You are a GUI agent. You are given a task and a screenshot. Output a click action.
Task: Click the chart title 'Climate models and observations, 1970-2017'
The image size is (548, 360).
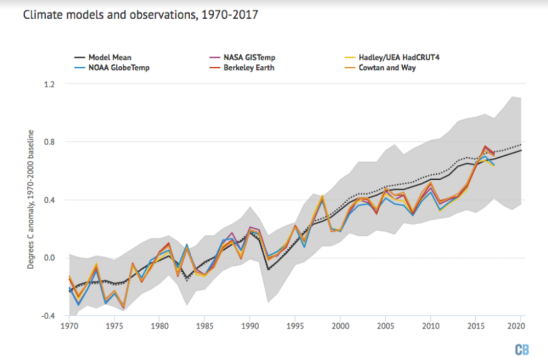[x=140, y=15]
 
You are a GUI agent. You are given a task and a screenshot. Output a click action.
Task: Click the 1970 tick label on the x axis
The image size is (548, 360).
[x=69, y=325]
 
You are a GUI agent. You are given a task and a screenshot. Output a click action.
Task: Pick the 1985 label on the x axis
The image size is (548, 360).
[x=204, y=325]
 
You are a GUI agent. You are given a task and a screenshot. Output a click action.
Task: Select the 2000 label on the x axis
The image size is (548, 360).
[x=340, y=325]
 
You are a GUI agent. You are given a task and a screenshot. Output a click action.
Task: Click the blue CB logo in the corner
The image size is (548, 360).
[x=521, y=349]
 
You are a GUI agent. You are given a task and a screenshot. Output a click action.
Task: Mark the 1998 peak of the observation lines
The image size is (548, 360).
[x=322, y=196]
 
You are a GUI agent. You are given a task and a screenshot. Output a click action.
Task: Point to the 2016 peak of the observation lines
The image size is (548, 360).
[x=485, y=147]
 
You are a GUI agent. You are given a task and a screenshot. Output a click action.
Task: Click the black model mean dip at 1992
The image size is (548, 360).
[x=268, y=269]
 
